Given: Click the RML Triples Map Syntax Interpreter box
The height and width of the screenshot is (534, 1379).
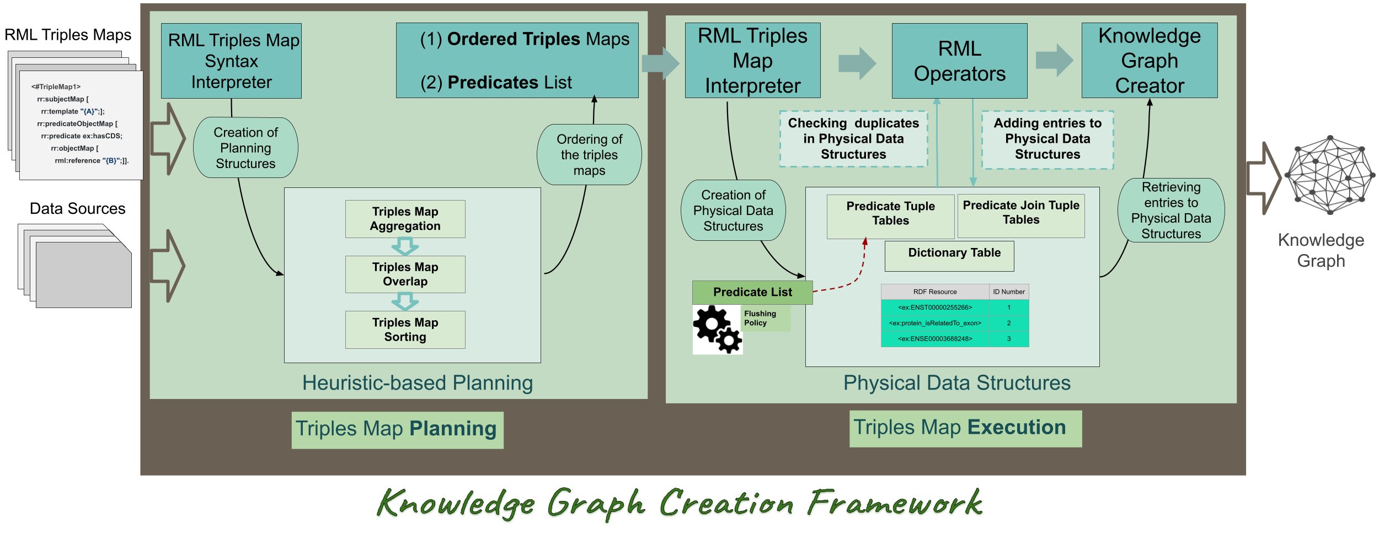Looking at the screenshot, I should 231,61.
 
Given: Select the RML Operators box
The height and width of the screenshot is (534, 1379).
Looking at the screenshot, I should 959,61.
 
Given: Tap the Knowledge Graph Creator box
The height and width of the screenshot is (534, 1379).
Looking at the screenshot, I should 1149,61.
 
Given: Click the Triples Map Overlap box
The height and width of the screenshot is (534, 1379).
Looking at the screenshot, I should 405,274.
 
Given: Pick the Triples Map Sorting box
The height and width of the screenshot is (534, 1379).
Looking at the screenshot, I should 405,330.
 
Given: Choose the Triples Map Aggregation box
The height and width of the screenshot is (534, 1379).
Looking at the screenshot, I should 405,219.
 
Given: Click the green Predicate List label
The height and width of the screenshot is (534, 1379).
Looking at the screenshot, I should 752,292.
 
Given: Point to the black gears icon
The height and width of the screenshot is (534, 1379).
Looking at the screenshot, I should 717,330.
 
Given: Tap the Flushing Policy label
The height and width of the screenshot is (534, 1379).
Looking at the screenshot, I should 764,318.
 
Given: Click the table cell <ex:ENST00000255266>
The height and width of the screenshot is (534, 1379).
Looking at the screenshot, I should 934,308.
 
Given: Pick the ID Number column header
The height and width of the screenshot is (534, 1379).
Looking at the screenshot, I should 1008,292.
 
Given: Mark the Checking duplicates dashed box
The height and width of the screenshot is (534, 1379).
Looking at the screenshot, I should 853,138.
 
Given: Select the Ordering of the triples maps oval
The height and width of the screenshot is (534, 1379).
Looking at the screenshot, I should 589,155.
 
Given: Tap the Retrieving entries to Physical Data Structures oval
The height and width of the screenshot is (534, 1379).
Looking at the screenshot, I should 1170,210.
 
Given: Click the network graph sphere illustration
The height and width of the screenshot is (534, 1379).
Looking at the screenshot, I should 1329,175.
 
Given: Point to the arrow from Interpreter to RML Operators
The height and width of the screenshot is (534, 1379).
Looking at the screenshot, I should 857,63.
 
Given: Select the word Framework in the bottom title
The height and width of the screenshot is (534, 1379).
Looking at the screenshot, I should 895,503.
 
